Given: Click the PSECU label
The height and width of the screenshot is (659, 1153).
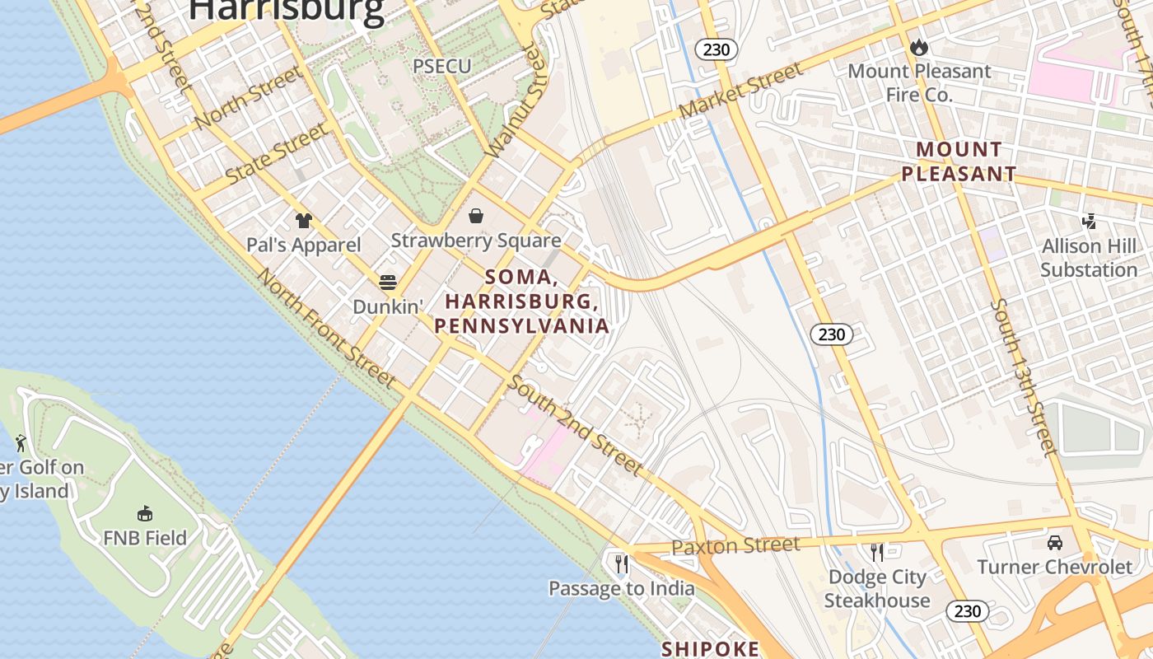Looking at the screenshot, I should pyautogui.click(x=442, y=66).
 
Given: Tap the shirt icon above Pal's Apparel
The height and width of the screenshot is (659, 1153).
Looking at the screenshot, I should pyautogui.click(x=304, y=220).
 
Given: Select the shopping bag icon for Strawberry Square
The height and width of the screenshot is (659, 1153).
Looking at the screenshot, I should pyautogui.click(x=476, y=216).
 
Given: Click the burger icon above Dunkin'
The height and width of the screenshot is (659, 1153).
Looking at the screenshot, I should pyautogui.click(x=388, y=283).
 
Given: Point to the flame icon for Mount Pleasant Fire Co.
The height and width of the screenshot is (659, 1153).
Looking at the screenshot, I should pyautogui.click(x=919, y=48).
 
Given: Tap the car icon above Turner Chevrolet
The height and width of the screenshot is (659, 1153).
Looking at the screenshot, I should pyautogui.click(x=1055, y=542).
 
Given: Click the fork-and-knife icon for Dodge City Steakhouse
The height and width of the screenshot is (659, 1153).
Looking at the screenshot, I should pyautogui.click(x=877, y=551).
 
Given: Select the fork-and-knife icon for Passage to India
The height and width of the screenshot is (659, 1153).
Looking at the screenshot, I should pyautogui.click(x=622, y=563).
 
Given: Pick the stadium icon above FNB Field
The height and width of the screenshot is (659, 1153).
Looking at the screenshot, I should pyautogui.click(x=145, y=513).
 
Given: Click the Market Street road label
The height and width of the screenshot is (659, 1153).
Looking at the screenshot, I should pyautogui.click(x=740, y=91).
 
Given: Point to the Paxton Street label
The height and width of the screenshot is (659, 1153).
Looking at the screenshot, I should pyautogui.click(x=735, y=545).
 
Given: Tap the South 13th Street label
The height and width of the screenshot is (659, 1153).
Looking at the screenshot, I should pyautogui.click(x=1023, y=377).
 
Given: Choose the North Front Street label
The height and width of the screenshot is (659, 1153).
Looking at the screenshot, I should pyautogui.click(x=327, y=328).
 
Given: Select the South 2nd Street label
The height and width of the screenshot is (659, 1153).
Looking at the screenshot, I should pyautogui.click(x=575, y=425).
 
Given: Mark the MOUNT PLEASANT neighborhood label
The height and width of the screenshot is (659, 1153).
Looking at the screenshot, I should pyautogui.click(x=959, y=161).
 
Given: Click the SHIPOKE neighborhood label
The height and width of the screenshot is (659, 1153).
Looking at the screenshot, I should pyautogui.click(x=711, y=649).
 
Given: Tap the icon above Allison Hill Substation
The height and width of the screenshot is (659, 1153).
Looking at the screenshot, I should pyautogui.click(x=1089, y=221).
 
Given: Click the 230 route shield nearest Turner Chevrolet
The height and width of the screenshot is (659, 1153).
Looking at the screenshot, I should pyautogui.click(x=968, y=611).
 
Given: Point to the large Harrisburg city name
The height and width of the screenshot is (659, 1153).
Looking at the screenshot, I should pyautogui.click(x=287, y=10).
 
